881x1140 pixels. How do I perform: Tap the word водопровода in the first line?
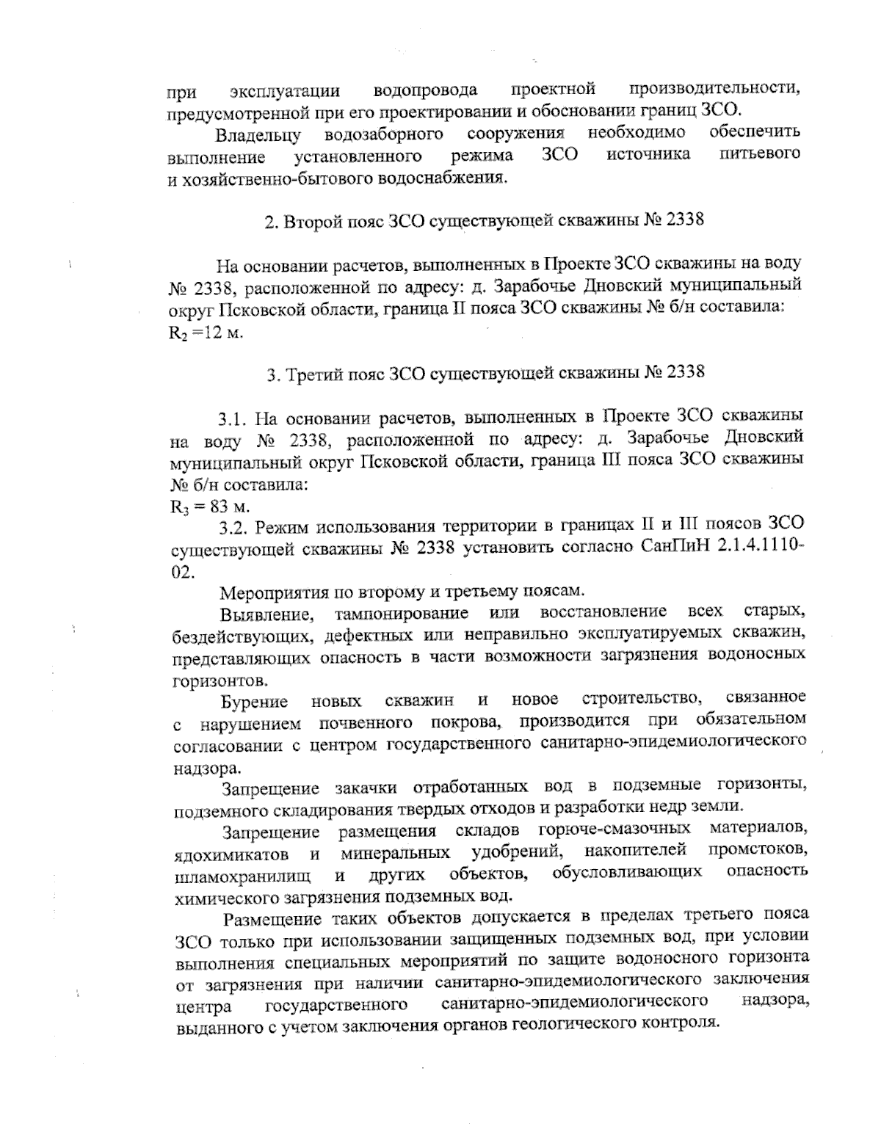(x=425, y=91)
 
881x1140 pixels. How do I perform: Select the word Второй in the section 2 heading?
(x=314, y=221)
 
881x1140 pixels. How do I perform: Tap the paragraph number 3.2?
(x=233, y=528)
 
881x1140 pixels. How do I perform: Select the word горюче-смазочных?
(x=614, y=829)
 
